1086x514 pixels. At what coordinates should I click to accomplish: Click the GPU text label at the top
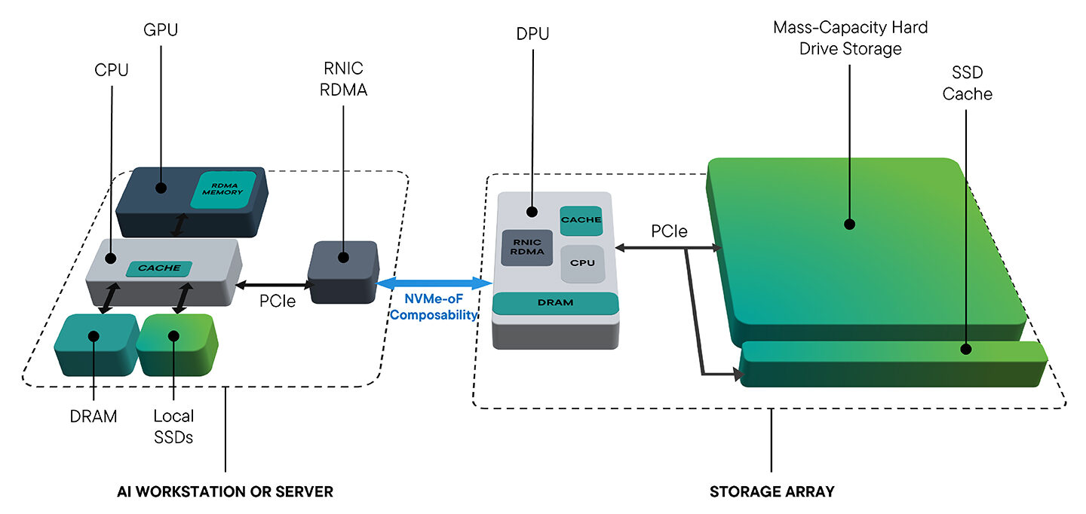(160, 30)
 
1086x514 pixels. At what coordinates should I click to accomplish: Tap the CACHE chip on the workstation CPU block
(159, 268)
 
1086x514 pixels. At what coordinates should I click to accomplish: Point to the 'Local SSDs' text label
(173, 426)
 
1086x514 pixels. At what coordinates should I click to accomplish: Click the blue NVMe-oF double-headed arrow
(434, 283)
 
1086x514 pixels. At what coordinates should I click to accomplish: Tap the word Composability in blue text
(434, 314)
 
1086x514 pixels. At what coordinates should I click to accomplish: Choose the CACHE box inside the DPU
(581, 220)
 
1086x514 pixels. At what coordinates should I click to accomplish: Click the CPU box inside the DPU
(582, 263)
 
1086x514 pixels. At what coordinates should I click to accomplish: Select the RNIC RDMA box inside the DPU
(528, 247)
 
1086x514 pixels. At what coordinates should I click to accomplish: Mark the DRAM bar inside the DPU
(556, 302)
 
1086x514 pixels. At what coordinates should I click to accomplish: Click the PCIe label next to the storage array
(669, 231)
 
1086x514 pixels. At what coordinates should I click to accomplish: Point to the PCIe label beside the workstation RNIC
(277, 301)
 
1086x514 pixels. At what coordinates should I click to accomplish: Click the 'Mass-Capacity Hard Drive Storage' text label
(850, 38)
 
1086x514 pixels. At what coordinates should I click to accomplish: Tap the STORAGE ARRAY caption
(772, 491)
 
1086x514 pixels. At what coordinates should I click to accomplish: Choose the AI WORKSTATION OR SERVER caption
(225, 491)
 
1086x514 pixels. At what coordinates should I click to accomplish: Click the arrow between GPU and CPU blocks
(178, 225)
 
